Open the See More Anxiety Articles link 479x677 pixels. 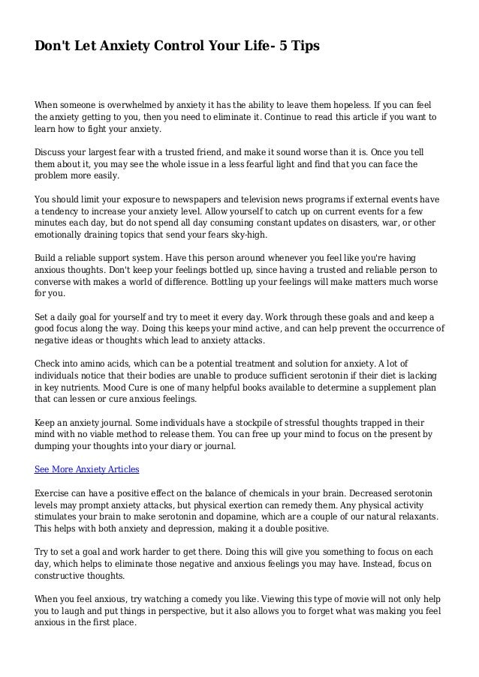87,470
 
